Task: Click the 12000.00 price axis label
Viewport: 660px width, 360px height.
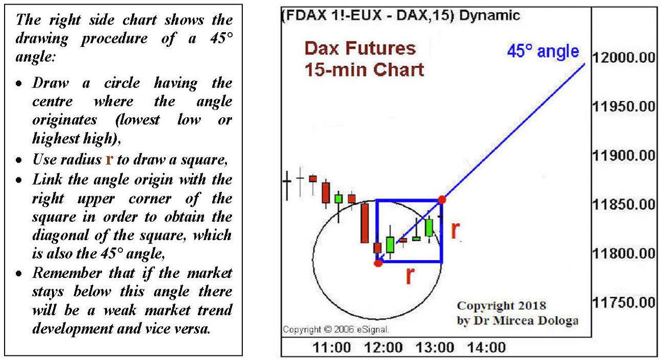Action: [624, 58]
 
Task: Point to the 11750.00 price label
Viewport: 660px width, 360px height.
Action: [624, 302]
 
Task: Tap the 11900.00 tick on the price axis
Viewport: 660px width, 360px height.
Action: [624, 156]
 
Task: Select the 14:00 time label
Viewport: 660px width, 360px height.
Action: [487, 348]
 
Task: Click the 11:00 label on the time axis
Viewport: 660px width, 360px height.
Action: [332, 348]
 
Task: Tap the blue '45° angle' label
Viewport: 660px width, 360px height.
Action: [543, 52]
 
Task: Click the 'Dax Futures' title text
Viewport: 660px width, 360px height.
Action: [360, 48]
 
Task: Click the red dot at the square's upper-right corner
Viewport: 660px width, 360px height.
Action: [442, 200]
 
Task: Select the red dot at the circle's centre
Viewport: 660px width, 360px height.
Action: [378, 263]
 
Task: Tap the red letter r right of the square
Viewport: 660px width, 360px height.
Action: [455, 230]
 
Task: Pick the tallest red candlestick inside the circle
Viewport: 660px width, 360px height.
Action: [365, 223]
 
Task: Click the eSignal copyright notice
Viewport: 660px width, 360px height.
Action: [336, 329]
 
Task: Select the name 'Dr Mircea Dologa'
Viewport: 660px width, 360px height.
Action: [526, 321]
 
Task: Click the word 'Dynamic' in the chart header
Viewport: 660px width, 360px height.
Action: [490, 15]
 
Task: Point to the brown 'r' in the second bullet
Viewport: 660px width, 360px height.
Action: [110, 160]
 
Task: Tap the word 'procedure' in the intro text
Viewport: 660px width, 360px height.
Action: [114, 39]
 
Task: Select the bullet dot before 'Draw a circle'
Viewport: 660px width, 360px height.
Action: [19, 84]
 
